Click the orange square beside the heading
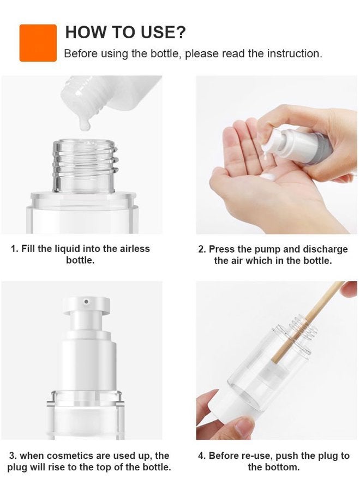38,43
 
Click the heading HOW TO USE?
125,32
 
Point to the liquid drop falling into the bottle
85,124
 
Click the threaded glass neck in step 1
84,164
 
